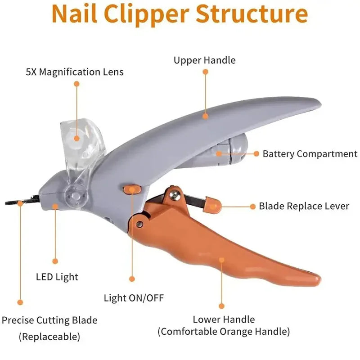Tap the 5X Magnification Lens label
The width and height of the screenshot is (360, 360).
(x=75, y=72)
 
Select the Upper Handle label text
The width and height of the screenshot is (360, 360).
(x=205, y=60)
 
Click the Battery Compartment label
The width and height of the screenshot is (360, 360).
(x=310, y=154)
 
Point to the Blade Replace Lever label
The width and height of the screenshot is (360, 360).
(x=304, y=206)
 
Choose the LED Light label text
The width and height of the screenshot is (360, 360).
(x=57, y=277)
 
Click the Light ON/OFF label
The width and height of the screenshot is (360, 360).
(x=134, y=298)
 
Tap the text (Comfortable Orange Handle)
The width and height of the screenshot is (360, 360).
(x=224, y=332)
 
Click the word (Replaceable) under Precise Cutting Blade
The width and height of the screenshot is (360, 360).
(x=49, y=336)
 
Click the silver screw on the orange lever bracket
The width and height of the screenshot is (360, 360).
(x=174, y=194)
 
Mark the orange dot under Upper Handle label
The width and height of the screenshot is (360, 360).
(x=205, y=72)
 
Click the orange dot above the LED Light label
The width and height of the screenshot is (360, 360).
(x=55, y=261)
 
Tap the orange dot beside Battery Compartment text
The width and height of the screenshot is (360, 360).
(x=256, y=153)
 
